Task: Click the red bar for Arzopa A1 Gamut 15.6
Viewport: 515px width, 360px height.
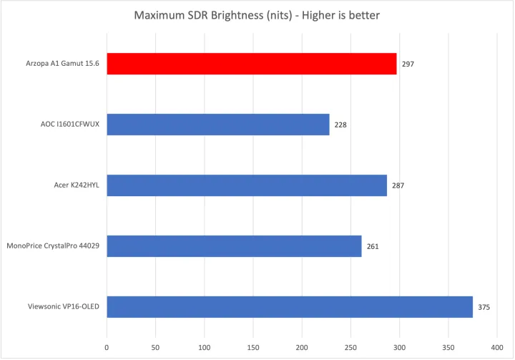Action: pos(251,64)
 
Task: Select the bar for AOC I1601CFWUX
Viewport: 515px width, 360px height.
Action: pos(217,125)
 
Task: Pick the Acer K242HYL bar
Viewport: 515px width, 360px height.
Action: pos(246,185)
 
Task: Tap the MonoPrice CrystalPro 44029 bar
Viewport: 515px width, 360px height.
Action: pos(234,246)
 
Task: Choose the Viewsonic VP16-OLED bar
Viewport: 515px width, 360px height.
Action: pos(289,307)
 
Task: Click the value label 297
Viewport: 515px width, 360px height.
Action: pos(408,64)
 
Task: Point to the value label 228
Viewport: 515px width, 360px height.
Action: pos(340,125)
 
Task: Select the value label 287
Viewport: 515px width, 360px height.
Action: pos(398,186)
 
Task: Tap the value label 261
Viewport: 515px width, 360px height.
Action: pos(372,247)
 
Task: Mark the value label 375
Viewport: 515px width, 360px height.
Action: pos(484,308)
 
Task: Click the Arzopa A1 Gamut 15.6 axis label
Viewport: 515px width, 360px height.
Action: pos(62,64)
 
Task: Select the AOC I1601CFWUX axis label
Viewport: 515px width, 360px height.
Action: pos(69,125)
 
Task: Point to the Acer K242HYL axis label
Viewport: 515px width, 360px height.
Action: pos(74,185)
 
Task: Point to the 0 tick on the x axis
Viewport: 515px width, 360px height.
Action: pos(107,346)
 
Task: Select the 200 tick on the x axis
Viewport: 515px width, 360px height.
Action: pos(302,346)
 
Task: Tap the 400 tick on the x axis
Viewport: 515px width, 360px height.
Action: pos(496,346)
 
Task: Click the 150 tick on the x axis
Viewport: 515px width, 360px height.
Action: pos(253,346)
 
